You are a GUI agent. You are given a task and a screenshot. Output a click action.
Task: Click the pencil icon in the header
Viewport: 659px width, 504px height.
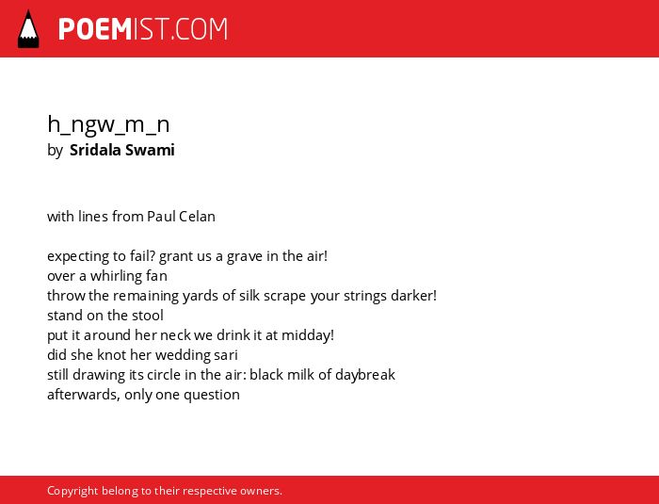(28, 29)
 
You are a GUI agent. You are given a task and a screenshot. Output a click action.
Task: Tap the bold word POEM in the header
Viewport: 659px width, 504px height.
(95, 29)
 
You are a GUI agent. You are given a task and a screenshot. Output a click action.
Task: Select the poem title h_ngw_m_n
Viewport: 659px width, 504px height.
(108, 125)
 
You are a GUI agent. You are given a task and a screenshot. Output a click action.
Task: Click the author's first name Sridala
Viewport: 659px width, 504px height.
(95, 150)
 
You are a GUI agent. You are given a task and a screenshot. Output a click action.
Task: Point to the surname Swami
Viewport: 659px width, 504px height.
(150, 150)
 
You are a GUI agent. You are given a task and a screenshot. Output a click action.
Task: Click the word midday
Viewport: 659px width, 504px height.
(308, 335)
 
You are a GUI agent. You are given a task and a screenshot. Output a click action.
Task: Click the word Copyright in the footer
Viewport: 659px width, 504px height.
(72, 491)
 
